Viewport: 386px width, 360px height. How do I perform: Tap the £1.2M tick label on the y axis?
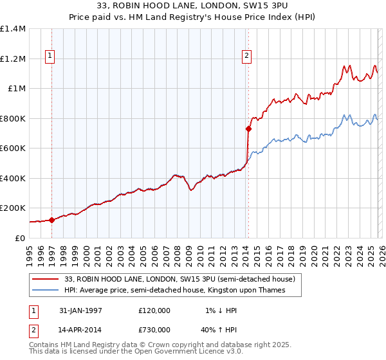pyautogui.click(x=13, y=59)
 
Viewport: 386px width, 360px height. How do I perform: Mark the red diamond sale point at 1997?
pyautogui.click(x=52, y=220)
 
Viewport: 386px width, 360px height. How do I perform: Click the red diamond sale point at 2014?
pyautogui.click(x=248, y=129)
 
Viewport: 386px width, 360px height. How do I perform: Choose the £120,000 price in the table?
pyautogui.click(x=154, y=310)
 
